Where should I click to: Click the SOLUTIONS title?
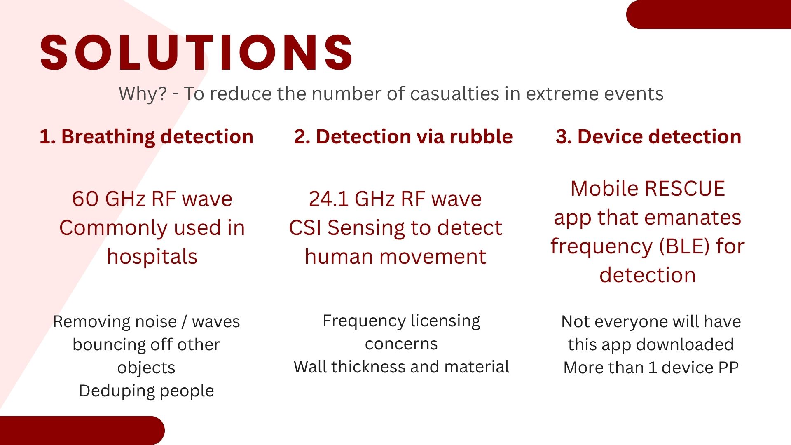[x=196, y=53]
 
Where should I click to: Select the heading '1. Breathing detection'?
[x=146, y=137]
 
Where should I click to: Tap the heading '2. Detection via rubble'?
[x=403, y=136]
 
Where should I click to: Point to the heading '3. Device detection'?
[x=648, y=136]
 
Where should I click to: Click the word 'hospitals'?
[x=152, y=257]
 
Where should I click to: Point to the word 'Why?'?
[x=143, y=94]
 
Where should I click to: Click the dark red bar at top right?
[x=709, y=14]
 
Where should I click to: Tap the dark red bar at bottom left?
[x=82, y=431]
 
